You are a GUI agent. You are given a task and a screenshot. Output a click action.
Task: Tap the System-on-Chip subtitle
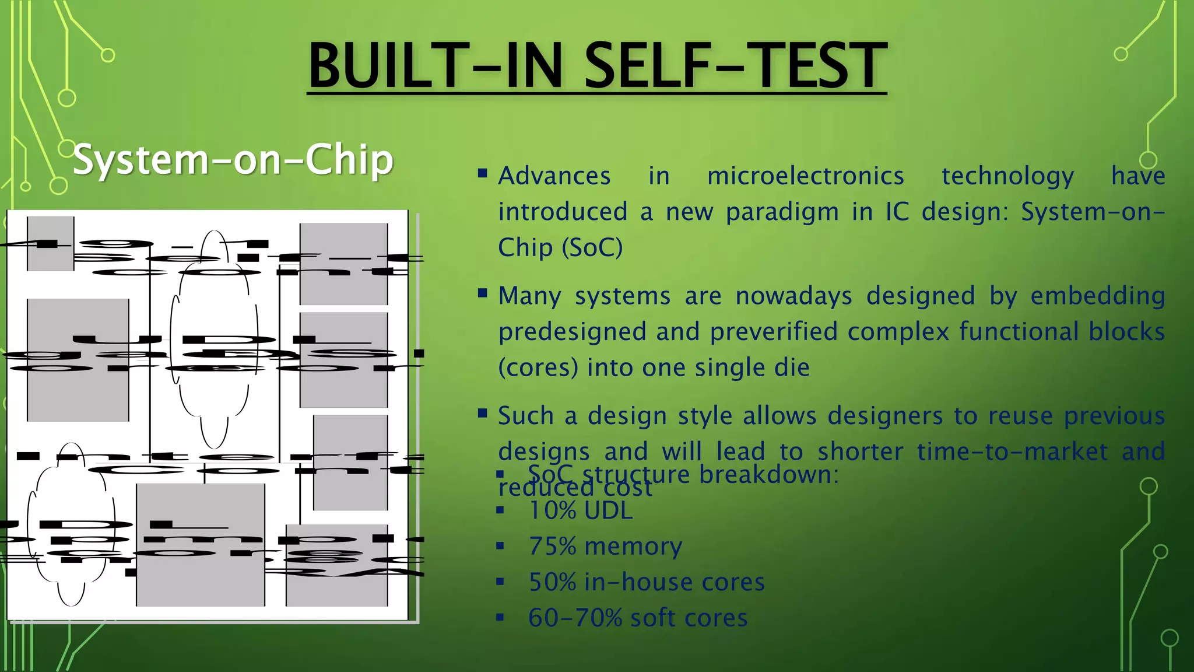click(233, 159)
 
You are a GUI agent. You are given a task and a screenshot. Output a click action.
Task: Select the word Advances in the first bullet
click(554, 176)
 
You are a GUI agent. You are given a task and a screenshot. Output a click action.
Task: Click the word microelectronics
click(805, 176)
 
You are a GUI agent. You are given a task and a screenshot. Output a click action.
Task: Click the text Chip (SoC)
click(560, 247)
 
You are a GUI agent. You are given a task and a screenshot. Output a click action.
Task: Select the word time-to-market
click(962, 452)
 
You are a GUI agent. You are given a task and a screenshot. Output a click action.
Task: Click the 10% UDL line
click(580, 510)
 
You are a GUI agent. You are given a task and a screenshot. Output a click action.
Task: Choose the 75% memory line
click(605, 547)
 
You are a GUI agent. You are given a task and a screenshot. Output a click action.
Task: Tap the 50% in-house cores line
click(646, 582)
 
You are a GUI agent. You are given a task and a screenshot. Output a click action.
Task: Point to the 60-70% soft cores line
click(638, 618)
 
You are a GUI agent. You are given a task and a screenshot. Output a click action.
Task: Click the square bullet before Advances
click(482, 173)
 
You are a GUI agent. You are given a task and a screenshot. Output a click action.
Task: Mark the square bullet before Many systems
click(482, 293)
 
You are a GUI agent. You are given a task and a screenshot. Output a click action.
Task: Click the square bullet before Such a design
click(482, 414)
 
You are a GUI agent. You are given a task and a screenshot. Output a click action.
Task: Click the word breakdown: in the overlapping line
click(768, 474)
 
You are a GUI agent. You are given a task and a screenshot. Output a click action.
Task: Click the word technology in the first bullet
click(1007, 176)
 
